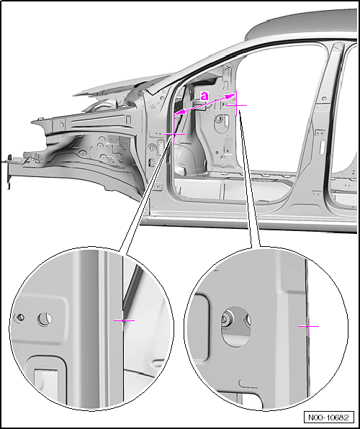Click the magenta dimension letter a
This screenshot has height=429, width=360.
coord(204,96)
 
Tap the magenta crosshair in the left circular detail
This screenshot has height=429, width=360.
coord(124,320)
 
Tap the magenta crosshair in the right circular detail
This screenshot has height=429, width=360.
coord(308,326)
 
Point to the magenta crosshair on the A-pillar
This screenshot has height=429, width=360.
coord(174,134)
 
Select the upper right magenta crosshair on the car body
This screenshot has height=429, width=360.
coord(236,105)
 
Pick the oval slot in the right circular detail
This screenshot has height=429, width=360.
coord(236,327)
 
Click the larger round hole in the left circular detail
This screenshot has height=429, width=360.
coord(45,319)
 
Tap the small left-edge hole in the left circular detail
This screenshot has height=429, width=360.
coord(19,317)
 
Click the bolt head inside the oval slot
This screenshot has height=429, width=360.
coord(227,319)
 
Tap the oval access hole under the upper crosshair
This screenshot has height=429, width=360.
coord(220,119)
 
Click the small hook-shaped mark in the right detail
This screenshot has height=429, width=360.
coord(247,384)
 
